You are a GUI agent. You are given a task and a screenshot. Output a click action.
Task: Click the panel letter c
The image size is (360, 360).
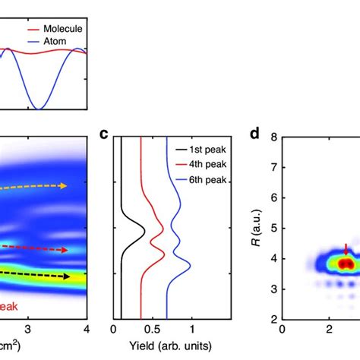pyautogui.click(x=105, y=136)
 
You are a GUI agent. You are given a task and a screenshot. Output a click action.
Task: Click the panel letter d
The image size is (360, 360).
pyautogui.click(x=255, y=136)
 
